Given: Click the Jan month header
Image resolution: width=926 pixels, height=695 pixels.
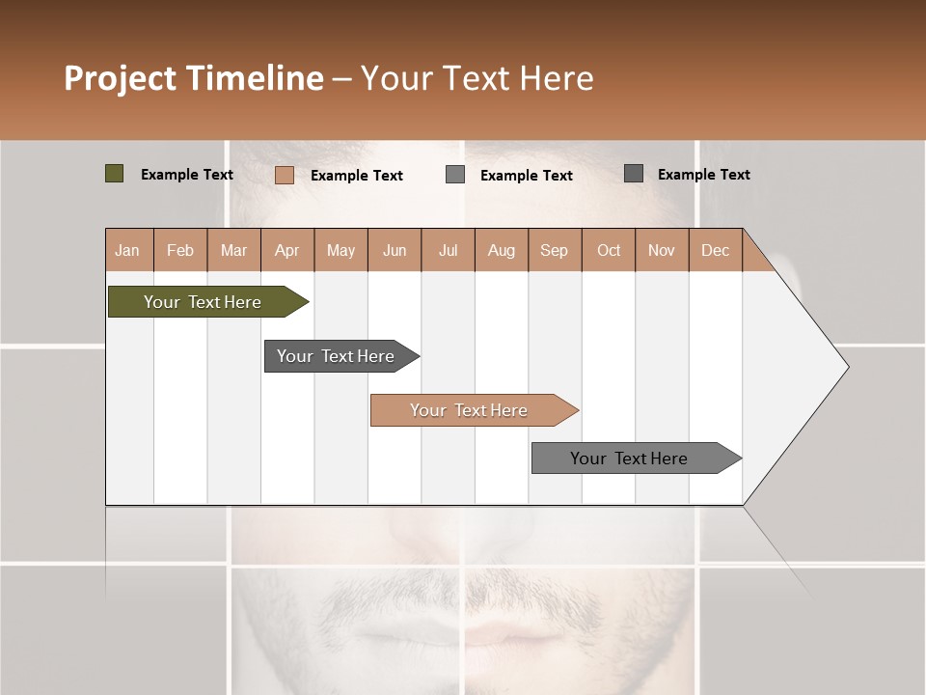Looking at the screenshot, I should (x=127, y=250).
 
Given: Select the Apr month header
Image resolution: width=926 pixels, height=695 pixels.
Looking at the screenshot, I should (x=286, y=250).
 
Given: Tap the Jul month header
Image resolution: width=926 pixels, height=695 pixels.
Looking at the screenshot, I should (x=448, y=250).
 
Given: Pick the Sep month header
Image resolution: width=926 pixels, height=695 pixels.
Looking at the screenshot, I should (x=554, y=250).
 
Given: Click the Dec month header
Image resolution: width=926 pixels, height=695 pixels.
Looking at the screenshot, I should (x=715, y=250).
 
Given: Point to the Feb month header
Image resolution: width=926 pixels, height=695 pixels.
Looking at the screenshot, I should (x=180, y=250).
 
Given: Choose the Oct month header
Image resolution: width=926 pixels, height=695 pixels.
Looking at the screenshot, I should (x=609, y=250).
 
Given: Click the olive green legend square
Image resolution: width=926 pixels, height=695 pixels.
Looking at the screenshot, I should (x=114, y=174).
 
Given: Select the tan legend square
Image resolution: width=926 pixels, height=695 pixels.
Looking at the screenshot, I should (x=284, y=175).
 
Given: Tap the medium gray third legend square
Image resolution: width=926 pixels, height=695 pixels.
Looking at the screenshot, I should (x=455, y=174).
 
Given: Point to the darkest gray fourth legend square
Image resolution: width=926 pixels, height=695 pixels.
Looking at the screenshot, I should (x=634, y=173).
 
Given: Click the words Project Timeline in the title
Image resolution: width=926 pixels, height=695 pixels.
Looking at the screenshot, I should (x=193, y=78).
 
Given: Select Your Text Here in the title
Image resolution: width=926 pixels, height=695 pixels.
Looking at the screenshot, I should (x=477, y=78).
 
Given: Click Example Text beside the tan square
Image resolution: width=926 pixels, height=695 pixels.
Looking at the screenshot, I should (x=356, y=176).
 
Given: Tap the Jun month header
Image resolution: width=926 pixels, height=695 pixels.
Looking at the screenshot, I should (x=395, y=250).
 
